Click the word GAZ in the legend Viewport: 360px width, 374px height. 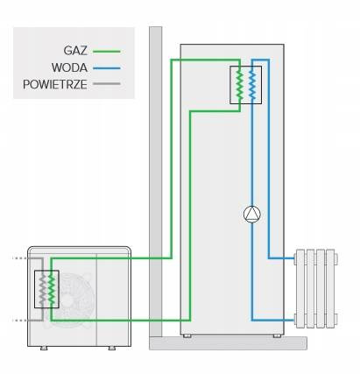pyautogui.click(x=75, y=51)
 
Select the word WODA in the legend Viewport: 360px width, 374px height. pyautogui.click(x=69, y=67)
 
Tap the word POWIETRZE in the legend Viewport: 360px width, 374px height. pyautogui.click(x=55, y=85)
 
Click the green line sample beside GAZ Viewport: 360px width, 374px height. pyautogui.click(x=107, y=52)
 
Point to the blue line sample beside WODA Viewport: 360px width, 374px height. pyautogui.click(x=107, y=68)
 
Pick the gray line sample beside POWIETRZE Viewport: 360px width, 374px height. pyautogui.click(x=107, y=84)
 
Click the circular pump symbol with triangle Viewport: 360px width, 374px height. pyautogui.click(x=251, y=215)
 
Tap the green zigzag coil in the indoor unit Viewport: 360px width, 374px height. pyautogui.click(x=240, y=85)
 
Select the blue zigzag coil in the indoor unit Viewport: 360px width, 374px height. pyautogui.click(x=252, y=85)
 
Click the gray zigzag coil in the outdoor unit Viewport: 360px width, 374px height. pyautogui.click(x=43, y=289)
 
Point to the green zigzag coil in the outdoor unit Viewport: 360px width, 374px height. pyautogui.click(x=52, y=289)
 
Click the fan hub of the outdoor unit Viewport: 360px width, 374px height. pyautogui.click(x=68, y=300)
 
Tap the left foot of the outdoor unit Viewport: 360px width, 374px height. pyautogui.click(x=44, y=348)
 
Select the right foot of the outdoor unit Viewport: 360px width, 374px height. pyautogui.click(x=112, y=348)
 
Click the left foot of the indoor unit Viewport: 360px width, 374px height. pyautogui.click(x=187, y=335)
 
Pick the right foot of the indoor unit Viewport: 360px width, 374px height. pyautogui.click(x=277, y=335)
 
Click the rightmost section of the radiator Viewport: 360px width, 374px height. pyautogui.click(x=330, y=288)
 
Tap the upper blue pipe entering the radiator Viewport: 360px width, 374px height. pyautogui.click(x=281, y=258)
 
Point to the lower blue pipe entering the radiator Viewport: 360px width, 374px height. pyautogui.click(x=273, y=321)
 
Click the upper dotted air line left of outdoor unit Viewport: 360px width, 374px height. pyautogui.click(x=20, y=258)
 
